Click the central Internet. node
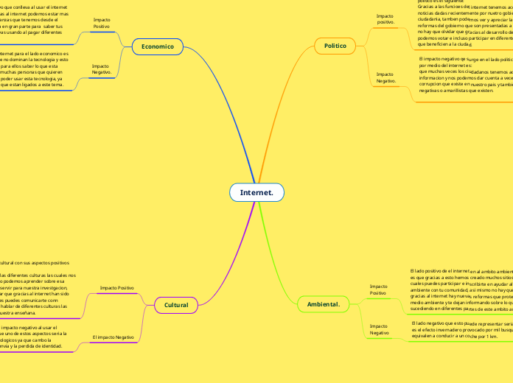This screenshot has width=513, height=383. [256, 193]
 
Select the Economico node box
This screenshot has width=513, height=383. [157, 47]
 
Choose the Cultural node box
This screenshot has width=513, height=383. [176, 304]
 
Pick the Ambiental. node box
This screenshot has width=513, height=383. [322, 303]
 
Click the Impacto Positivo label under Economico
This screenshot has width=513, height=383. [102, 23]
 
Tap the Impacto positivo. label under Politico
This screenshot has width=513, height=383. [385, 18]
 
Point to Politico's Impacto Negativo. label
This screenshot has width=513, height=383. [385, 77]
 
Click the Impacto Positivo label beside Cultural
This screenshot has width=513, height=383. [116, 287]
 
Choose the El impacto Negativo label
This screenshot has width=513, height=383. [114, 337]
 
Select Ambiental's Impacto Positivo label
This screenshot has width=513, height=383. [378, 289]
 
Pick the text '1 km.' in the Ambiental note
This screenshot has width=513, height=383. [490, 336]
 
